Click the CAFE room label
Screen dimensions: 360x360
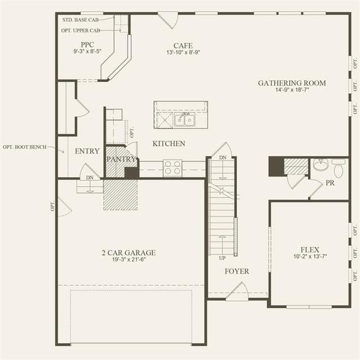183,46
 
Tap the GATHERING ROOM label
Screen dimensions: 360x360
292,83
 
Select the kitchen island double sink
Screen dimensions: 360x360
184,119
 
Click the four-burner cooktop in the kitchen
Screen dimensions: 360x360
173,168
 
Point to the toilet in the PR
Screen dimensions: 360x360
339,168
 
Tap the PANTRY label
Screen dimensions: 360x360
121,159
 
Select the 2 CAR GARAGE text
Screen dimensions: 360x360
129,253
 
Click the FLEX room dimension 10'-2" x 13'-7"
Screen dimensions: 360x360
310,256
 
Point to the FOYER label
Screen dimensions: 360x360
237,271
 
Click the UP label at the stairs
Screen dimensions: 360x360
222,258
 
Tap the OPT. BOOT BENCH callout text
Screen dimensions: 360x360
25,147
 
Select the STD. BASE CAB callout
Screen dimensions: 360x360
80,20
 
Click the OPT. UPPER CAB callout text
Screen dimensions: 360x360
80,30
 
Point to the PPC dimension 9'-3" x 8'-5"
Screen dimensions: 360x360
88,51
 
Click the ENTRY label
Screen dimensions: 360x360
87,151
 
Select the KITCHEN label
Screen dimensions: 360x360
169,143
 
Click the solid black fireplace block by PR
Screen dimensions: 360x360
276,166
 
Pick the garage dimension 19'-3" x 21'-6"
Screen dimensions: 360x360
129,259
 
